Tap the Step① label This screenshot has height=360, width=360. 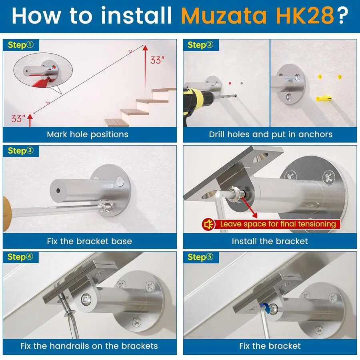pyautogui.click(x=21, y=45)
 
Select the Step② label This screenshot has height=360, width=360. pyautogui.click(x=200, y=45)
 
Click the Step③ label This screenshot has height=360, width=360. pyautogui.click(x=21, y=151)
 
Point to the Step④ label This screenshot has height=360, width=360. pyautogui.click(x=21, y=257)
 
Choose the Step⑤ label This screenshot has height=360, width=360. pyautogui.click(x=200, y=257)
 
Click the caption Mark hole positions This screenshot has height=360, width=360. pyautogui.click(x=88, y=134)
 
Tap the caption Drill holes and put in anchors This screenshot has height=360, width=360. pyautogui.click(x=270, y=134)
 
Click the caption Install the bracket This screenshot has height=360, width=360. pyautogui.click(x=270, y=241)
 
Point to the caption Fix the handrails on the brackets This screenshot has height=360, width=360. pyautogui.click(x=89, y=346)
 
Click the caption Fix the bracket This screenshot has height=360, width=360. pyautogui.click(x=270, y=346)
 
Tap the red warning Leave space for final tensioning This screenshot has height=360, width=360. pyautogui.click(x=278, y=224)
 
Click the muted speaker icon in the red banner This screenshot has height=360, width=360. pyautogui.click(x=209, y=224)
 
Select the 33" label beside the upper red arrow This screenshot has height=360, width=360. pyautogui.click(x=157, y=60)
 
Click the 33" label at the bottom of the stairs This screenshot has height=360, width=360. pyautogui.click(x=18, y=118)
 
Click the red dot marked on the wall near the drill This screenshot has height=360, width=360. pyautogui.click(x=230, y=83)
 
